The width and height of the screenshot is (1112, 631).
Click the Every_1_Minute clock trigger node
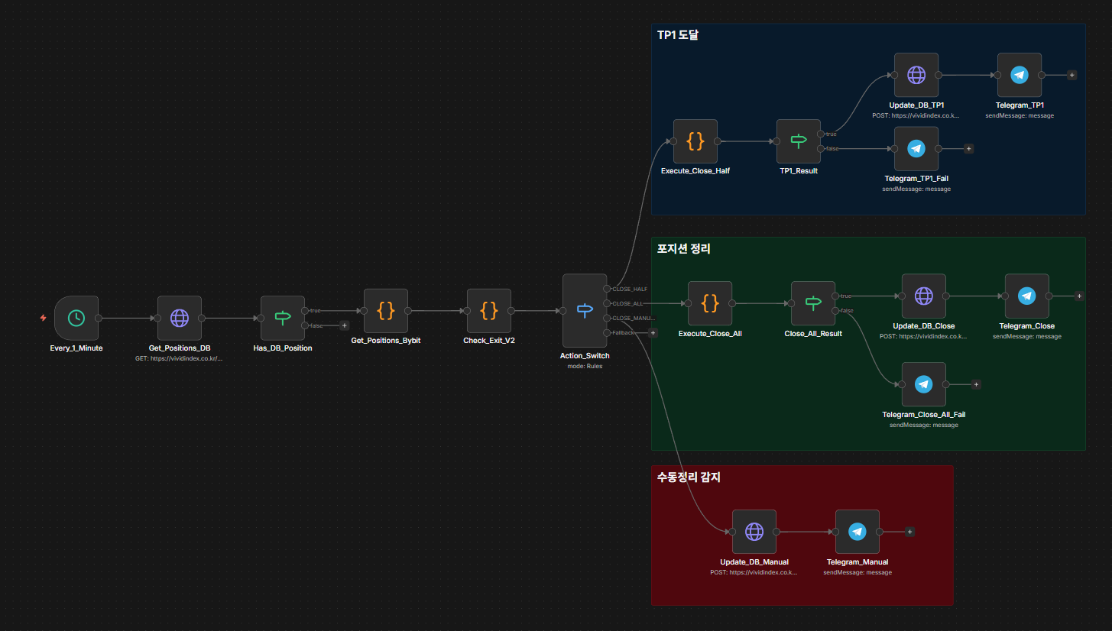coord(76,318)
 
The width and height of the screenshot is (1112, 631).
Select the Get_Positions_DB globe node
coord(180,318)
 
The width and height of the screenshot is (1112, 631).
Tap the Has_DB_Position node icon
coord(283,318)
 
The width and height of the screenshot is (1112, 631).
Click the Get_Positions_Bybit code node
coord(386,310)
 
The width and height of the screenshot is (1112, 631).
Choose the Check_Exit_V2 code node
coord(489,310)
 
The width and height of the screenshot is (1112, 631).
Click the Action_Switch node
coord(585,310)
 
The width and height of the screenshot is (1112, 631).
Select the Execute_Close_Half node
coord(695,141)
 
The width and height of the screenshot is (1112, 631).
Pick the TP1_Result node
coord(799,141)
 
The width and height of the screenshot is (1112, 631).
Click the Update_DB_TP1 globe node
coord(916,75)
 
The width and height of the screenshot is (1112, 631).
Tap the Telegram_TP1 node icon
coord(1020,75)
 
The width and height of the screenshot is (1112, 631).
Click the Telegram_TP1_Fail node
coord(916,149)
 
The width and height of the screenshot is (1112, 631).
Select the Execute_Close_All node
coord(710,303)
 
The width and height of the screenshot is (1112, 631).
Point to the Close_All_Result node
coord(813,303)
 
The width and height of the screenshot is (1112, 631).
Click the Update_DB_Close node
coord(924,296)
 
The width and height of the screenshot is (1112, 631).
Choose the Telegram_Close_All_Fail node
coord(924,384)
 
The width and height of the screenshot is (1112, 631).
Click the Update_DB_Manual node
coord(754,532)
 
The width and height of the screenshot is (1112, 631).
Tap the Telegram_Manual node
coord(858,532)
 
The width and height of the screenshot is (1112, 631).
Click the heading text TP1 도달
coord(678,35)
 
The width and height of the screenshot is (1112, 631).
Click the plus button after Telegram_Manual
coord(910,532)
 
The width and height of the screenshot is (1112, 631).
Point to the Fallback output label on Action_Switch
coord(624,333)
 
